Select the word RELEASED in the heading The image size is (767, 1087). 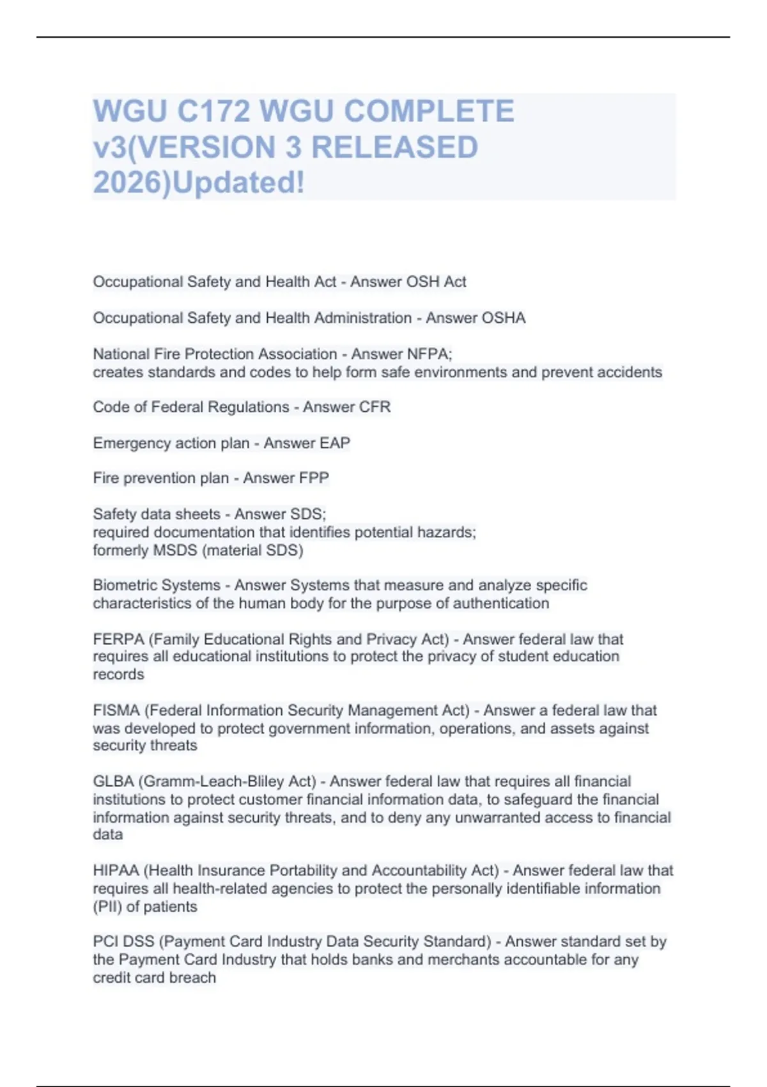394,147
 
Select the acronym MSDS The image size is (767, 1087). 175,550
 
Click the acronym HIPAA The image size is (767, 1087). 116,870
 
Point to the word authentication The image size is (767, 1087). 500,603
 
